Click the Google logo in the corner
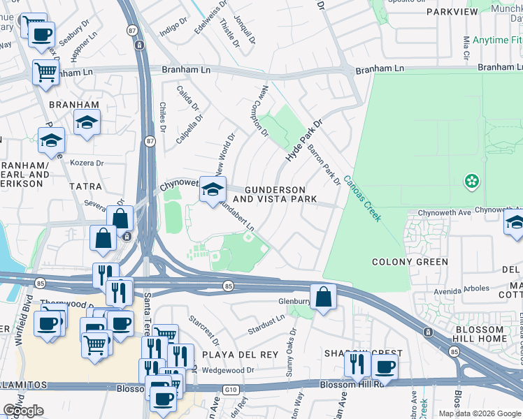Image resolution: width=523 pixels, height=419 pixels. (23, 410)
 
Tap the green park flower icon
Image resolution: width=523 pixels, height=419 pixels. (472, 182)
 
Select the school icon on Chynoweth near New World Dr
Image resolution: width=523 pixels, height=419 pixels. (213, 190)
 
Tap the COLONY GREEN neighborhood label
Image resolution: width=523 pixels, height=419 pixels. (410, 263)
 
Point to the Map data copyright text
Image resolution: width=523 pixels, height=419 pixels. (480, 413)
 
